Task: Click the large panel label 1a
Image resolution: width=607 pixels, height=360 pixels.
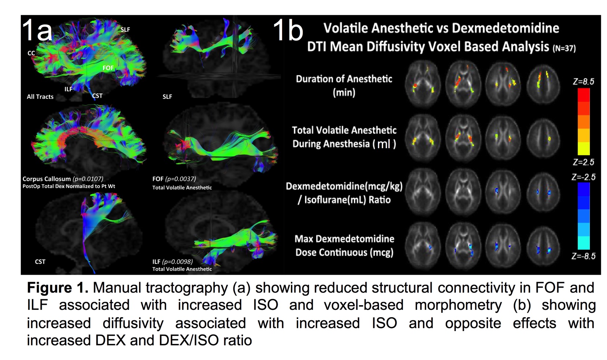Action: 37,30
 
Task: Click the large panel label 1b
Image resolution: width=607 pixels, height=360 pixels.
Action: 288,30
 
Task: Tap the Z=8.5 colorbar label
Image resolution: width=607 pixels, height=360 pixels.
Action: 584,82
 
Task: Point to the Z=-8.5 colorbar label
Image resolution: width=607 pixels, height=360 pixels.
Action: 584,256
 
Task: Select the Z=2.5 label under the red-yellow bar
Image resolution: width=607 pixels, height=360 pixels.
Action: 584,162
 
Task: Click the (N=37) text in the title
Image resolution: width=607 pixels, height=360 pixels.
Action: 565,48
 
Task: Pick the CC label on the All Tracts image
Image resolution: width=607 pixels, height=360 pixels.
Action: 31,53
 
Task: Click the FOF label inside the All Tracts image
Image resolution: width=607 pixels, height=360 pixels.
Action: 108,68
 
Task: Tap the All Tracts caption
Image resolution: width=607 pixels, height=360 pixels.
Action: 40,97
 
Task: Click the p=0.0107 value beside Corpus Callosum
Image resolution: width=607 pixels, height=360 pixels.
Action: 88,179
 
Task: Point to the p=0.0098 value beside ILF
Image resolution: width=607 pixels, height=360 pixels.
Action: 177,262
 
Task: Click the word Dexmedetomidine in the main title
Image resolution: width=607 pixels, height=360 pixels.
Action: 506,28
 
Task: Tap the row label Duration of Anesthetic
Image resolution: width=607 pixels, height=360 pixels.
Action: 344,79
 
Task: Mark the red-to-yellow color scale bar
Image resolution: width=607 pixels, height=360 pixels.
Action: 584,121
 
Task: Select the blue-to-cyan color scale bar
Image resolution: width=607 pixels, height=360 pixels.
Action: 584,215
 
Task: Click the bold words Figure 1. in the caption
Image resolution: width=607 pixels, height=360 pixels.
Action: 58,288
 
